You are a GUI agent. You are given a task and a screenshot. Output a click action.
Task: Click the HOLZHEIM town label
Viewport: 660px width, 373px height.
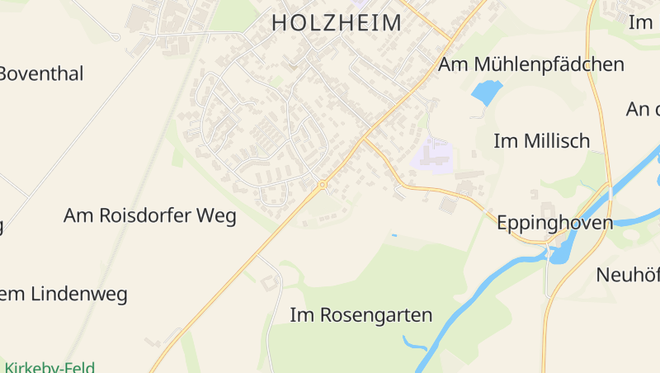click(337, 23)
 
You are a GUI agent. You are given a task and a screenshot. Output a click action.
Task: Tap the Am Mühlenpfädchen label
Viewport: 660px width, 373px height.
click(531, 65)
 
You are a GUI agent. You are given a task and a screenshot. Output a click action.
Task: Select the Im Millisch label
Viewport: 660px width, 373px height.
click(541, 141)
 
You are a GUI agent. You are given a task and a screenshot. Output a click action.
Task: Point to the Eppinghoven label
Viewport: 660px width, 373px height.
click(554, 223)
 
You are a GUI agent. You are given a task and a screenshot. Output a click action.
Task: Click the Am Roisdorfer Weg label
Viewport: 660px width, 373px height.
click(149, 216)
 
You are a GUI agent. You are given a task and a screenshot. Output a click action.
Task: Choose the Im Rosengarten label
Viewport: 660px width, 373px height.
click(361, 315)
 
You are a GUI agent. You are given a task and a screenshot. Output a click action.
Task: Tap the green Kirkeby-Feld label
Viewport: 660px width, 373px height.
click(49, 367)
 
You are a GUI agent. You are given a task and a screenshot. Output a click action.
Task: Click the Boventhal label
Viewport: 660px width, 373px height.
click(41, 73)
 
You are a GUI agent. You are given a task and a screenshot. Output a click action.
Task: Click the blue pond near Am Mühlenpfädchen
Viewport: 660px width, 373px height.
click(486, 92)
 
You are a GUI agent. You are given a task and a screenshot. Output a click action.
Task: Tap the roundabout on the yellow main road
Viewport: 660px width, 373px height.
click(322, 185)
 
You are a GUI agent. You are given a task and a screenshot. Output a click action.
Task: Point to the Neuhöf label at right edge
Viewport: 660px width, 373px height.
click(628, 275)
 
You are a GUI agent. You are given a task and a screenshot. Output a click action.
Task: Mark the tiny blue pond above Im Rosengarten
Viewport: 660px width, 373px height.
click(394, 236)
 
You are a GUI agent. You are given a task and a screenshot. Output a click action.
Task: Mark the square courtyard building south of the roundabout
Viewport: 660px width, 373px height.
click(270, 283)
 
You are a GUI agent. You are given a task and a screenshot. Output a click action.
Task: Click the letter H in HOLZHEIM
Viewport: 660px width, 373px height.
click(280, 23)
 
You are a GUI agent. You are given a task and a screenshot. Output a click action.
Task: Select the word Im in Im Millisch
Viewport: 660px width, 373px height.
click(505, 141)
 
